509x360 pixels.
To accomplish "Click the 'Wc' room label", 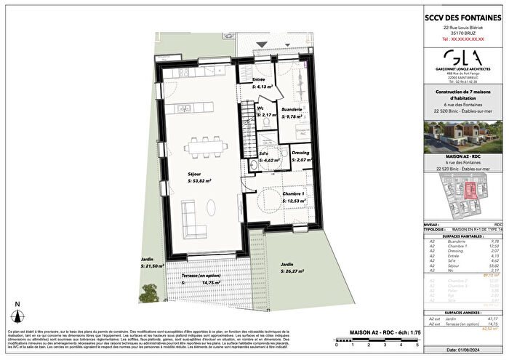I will [259, 110].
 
